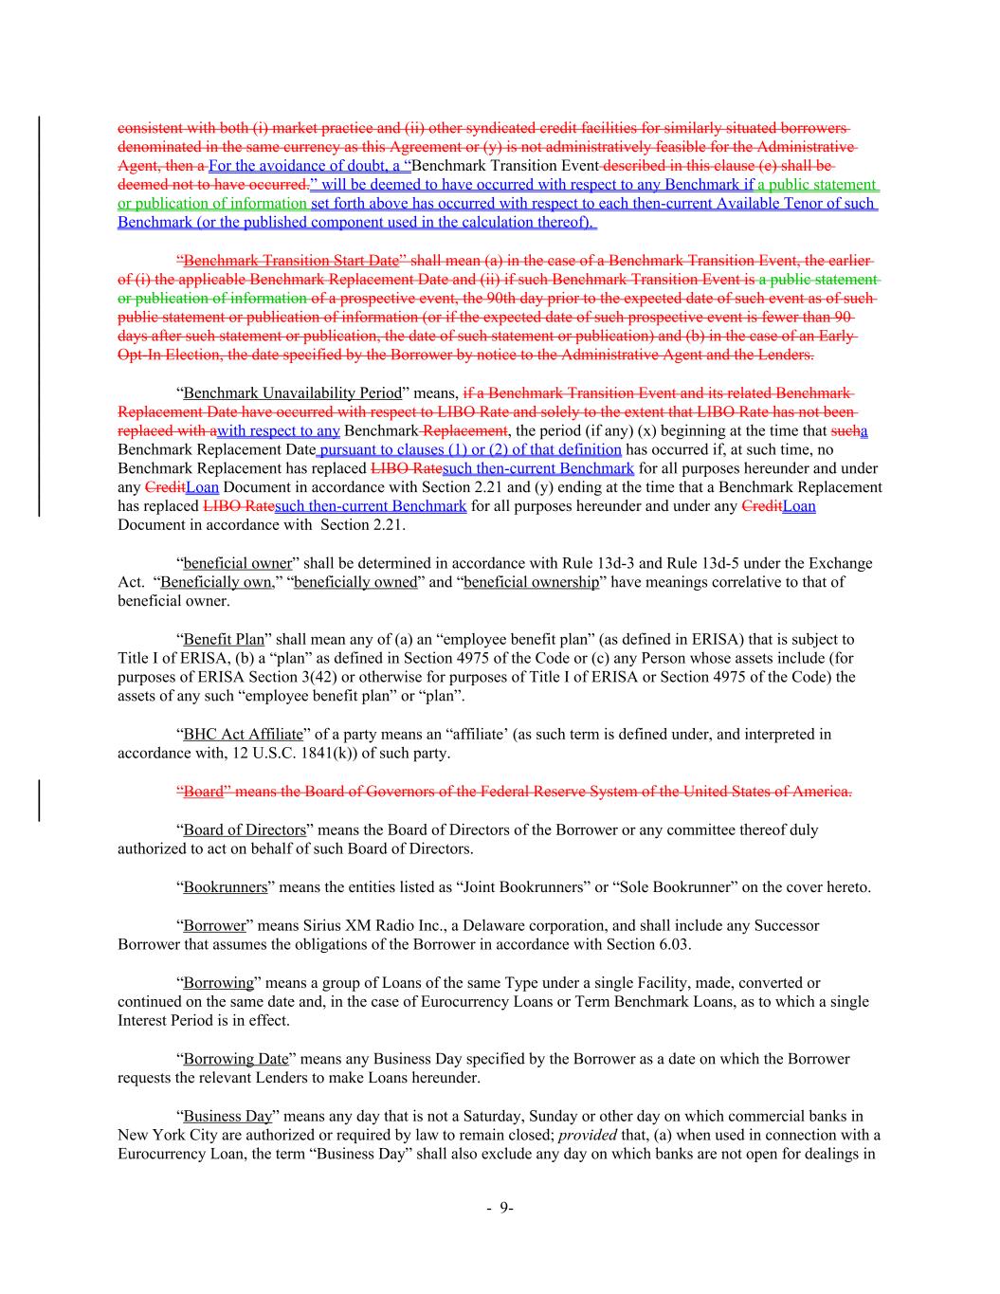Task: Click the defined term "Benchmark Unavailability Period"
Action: tap(292, 392)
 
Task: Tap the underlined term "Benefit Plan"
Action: tap(224, 640)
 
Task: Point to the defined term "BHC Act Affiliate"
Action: tap(243, 735)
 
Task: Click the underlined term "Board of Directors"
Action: tap(245, 830)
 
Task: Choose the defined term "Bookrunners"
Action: tap(225, 887)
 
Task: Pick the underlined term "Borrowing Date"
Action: tap(236, 1059)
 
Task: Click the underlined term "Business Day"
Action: tap(227, 1116)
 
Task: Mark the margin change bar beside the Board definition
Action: tap(39, 799)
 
